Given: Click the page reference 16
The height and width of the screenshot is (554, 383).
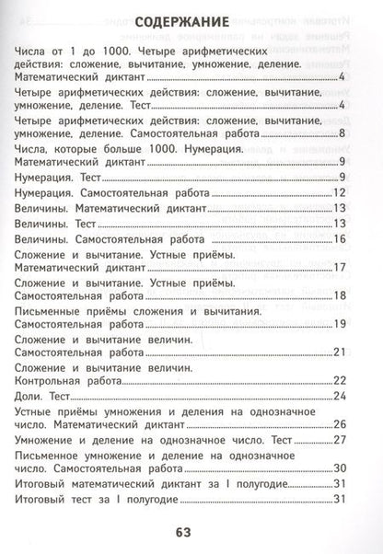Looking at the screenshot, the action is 339,239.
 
